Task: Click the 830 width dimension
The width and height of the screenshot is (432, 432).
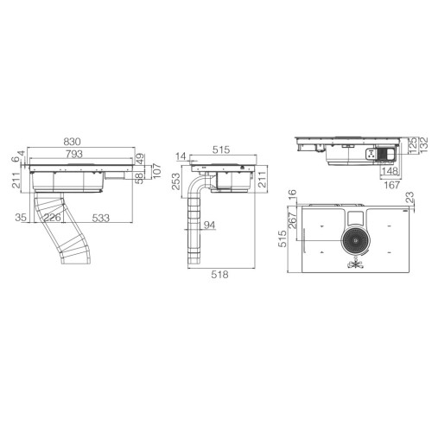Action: pyautogui.click(x=73, y=142)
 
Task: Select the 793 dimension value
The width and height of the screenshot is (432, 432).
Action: pyautogui.click(x=73, y=154)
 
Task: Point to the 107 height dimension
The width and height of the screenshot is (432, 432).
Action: pyautogui.click(x=156, y=170)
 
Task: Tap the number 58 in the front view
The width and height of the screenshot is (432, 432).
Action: pyautogui.click(x=140, y=179)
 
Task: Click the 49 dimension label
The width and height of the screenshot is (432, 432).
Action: pyautogui.click(x=140, y=159)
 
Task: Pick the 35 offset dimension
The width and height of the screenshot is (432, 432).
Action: pyautogui.click(x=21, y=218)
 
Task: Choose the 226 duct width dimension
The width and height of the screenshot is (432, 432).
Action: pyautogui.click(x=53, y=218)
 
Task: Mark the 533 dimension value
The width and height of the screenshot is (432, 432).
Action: pyautogui.click(x=101, y=218)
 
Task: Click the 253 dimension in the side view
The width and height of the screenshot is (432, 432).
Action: pyautogui.click(x=175, y=181)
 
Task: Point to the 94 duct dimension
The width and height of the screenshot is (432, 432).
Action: pyautogui.click(x=209, y=226)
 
